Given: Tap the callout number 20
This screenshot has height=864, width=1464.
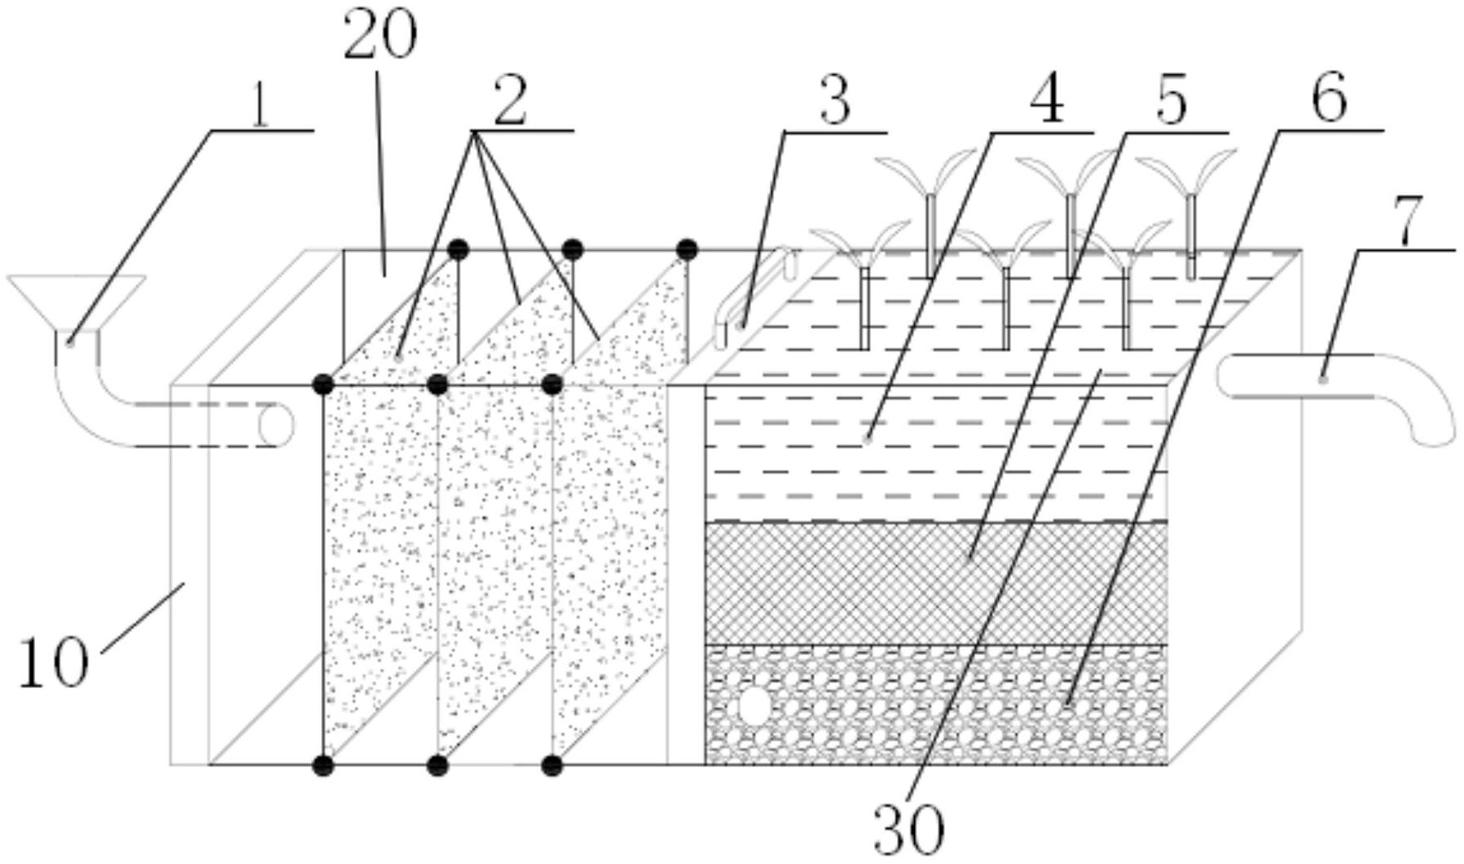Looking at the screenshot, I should coord(380,37).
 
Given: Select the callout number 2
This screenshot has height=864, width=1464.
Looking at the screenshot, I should coord(510,102).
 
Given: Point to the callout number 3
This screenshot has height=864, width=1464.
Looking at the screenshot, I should coord(835,102).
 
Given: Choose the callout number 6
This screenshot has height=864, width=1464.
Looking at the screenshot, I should coord(1329,102).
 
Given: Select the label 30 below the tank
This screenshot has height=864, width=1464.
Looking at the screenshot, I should coord(908,829).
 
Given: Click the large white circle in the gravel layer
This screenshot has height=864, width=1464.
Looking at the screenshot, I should coord(754,706).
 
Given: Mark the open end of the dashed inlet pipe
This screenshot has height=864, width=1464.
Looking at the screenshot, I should coord(275,424).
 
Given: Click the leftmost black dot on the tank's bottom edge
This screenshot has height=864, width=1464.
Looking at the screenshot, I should coord(323,765).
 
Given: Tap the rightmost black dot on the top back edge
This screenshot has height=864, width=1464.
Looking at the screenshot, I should coord(687,248).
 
